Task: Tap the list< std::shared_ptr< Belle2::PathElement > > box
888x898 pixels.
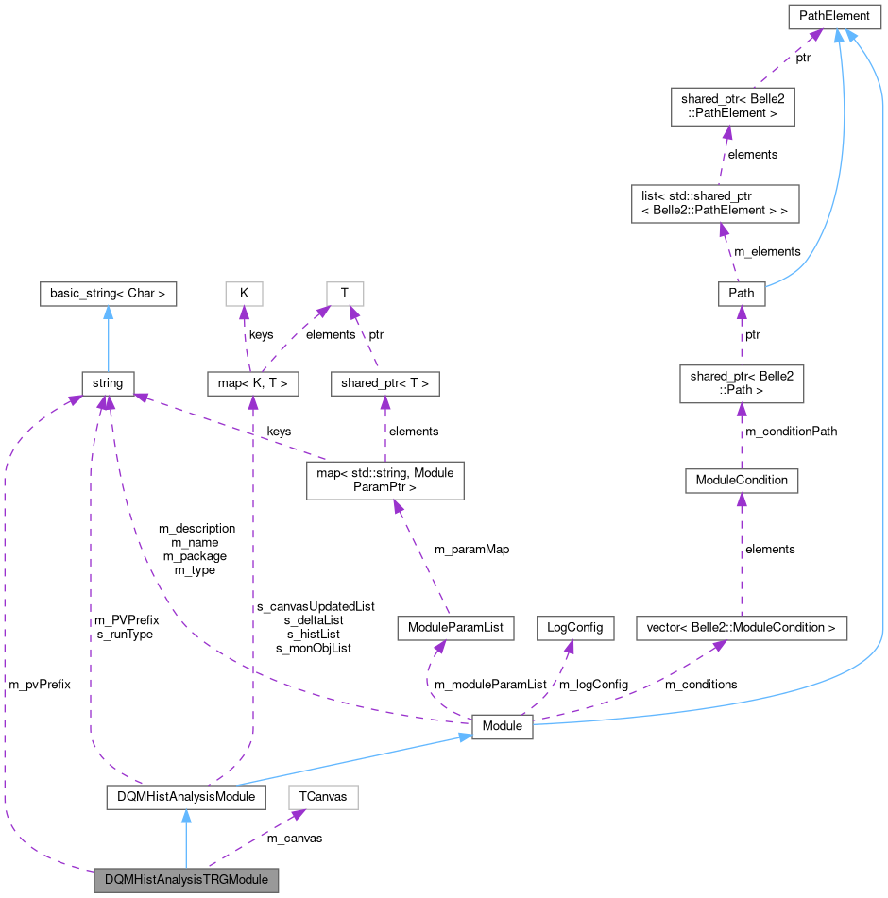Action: click(715, 203)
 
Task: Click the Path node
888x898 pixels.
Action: click(742, 293)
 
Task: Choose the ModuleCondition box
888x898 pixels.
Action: click(742, 480)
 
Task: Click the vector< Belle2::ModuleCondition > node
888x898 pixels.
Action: click(741, 627)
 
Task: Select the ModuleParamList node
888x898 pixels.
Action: click(454, 627)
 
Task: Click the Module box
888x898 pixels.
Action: click(502, 726)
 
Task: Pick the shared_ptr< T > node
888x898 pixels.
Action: click(385, 383)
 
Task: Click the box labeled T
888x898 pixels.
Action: click(344, 293)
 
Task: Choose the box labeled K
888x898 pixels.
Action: click(244, 293)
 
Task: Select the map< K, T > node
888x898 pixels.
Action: click(252, 383)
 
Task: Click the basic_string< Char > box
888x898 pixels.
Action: click(109, 293)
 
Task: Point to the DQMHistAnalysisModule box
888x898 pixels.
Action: click(185, 797)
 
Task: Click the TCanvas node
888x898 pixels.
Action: click(323, 797)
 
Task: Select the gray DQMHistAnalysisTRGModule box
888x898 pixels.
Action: click(187, 879)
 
